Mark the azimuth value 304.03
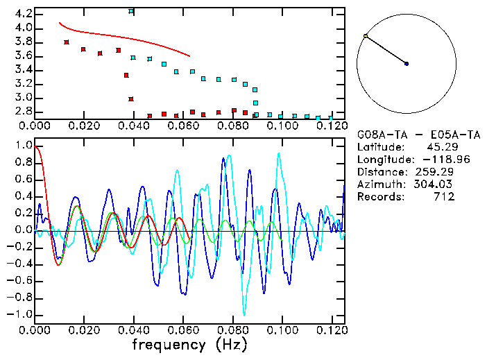437,184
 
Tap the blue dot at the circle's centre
407,64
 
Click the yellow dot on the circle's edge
366,35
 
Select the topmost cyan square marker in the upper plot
131,11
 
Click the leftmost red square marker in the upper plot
67,42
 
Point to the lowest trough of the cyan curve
243,314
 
